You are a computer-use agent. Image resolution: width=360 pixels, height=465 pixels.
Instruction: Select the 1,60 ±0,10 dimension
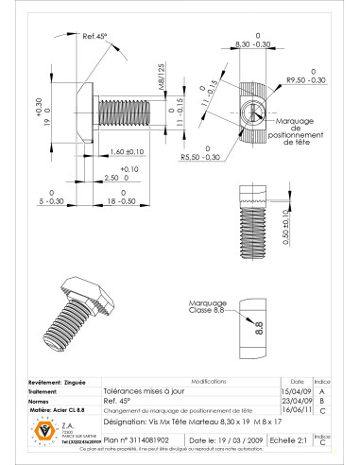point(125,151)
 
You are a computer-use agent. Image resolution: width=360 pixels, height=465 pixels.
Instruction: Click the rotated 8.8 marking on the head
point(257,328)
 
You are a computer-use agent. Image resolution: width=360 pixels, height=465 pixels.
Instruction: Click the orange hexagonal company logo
point(41,430)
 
